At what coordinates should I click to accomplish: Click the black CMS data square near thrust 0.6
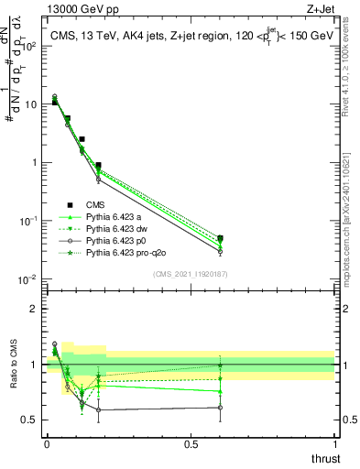click(220, 238)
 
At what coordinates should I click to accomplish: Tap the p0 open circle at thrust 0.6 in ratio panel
click(220, 408)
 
